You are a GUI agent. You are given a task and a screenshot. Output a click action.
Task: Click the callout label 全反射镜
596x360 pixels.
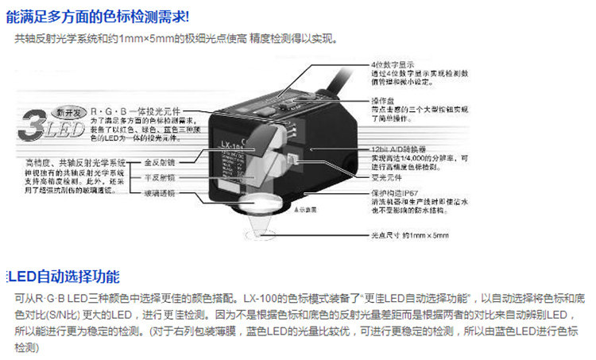point(157,161)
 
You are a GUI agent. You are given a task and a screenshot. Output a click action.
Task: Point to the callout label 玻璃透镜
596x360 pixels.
point(157,194)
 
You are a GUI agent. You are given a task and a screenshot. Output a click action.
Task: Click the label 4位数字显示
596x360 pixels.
point(390,65)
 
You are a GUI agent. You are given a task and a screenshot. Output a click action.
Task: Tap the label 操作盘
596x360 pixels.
point(383,100)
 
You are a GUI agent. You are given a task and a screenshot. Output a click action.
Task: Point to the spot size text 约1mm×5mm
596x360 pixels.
point(425,236)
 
